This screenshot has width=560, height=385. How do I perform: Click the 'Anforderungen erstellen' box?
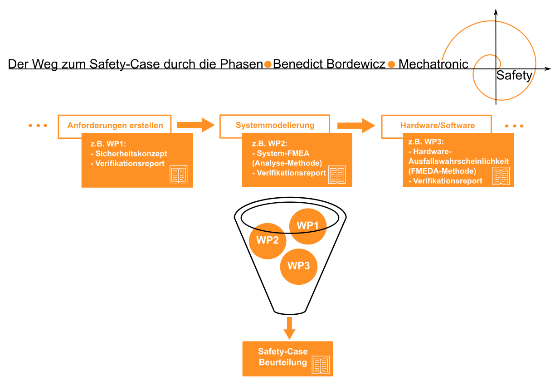(115, 125)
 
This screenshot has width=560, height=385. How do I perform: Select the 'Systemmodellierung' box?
(275, 125)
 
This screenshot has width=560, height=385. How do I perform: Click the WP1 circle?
(308, 226)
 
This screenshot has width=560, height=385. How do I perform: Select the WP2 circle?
(267, 241)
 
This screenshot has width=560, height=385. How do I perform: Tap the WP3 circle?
(298, 266)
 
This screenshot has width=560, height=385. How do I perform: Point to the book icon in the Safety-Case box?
(321, 365)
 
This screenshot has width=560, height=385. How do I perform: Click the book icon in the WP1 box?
(178, 175)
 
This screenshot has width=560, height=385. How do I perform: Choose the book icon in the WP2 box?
(337, 175)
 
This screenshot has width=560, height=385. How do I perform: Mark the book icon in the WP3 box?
(501, 176)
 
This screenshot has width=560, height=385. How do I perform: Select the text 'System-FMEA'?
(283, 154)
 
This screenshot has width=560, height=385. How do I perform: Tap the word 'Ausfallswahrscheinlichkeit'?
(459, 161)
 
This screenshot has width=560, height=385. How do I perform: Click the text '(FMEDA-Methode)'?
(442, 171)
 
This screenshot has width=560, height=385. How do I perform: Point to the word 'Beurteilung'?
(283, 362)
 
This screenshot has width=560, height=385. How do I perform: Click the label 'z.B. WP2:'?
(269, 144)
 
